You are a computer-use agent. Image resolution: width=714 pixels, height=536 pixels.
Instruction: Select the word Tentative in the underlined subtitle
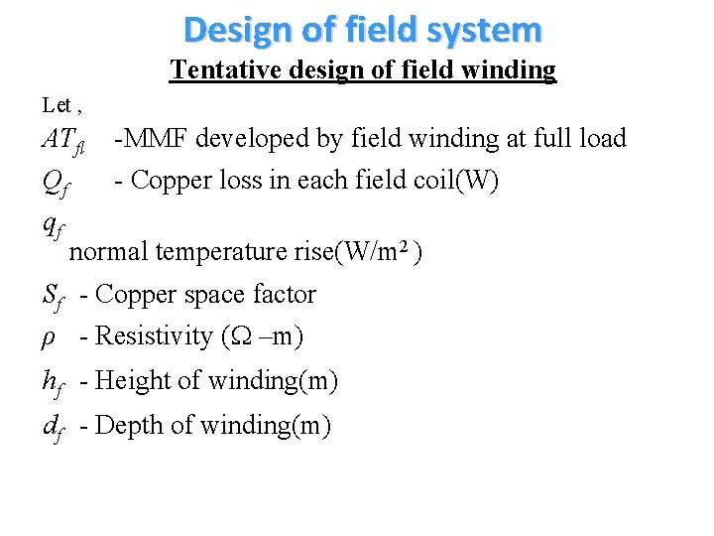[x=211, y=69]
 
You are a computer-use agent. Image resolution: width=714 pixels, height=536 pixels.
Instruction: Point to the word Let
[x=56, y=104]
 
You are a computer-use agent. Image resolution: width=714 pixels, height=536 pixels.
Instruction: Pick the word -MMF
[x=148, y=138]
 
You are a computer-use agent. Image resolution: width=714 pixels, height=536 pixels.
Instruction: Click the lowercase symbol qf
[x=54, y=226]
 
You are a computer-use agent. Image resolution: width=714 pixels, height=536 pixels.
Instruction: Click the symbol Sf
[x=55, y=296]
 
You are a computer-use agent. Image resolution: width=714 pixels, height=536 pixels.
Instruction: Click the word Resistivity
[x=153, y=336]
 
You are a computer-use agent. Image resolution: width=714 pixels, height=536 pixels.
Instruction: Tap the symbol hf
[x=54, y=381]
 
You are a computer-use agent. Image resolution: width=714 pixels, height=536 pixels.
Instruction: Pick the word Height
[x=134, y=380]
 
